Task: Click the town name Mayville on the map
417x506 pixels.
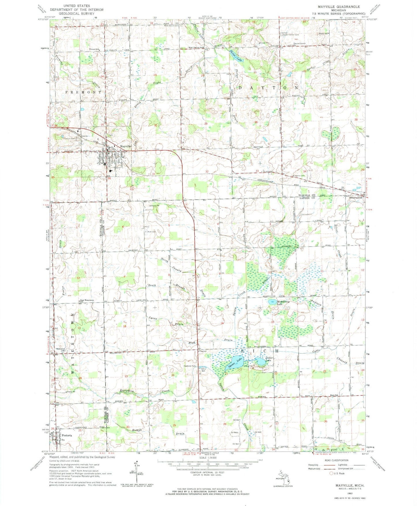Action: pos(126,146)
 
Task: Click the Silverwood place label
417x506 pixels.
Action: pos(356,198)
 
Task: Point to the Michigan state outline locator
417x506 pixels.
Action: pos(283,477)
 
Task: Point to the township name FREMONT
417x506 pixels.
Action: pos(83,92)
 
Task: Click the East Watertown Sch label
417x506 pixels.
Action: pos(87,300)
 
